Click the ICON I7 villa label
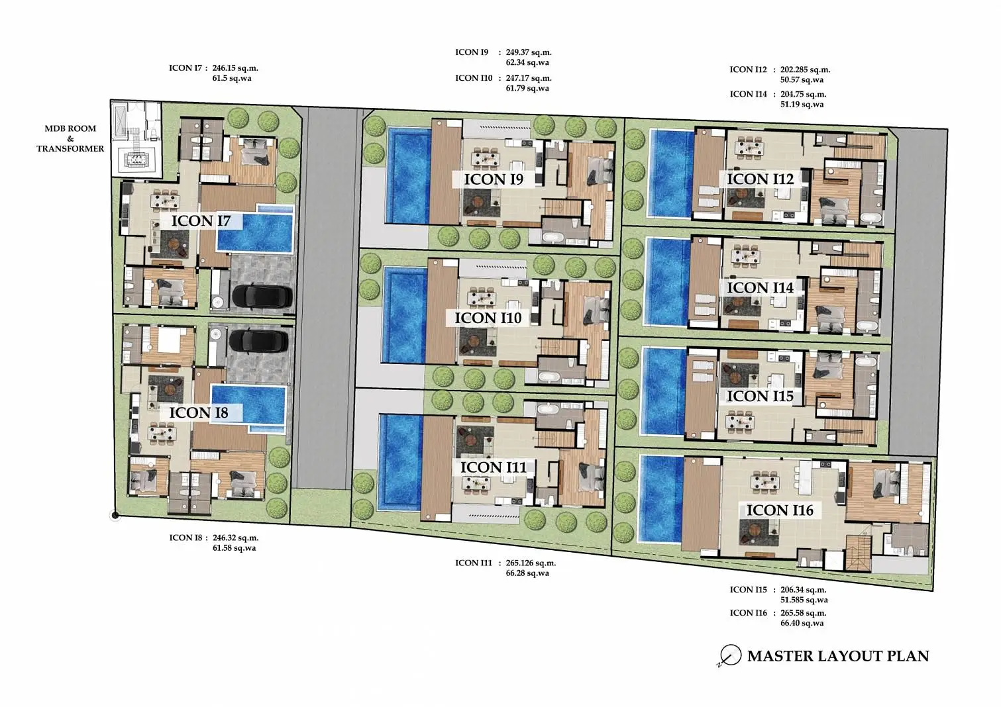[201, 220]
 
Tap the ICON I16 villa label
[780, 510]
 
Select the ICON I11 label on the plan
[494, 467]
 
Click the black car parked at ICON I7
[262, 296]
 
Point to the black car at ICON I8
[259, 341]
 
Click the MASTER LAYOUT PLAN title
[838, 655]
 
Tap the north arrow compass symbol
[729, 655]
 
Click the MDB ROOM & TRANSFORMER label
[70, 138]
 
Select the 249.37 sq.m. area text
[529, 52]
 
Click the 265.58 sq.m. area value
[804, 613]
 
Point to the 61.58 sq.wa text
[234, 548]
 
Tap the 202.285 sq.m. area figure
[806, 70]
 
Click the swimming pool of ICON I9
[409, 175]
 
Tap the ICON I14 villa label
[760, 287]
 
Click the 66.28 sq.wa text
[527, 573]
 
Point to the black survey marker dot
[115, 516]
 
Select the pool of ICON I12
[671, 173]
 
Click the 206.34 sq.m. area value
[804, 590]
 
